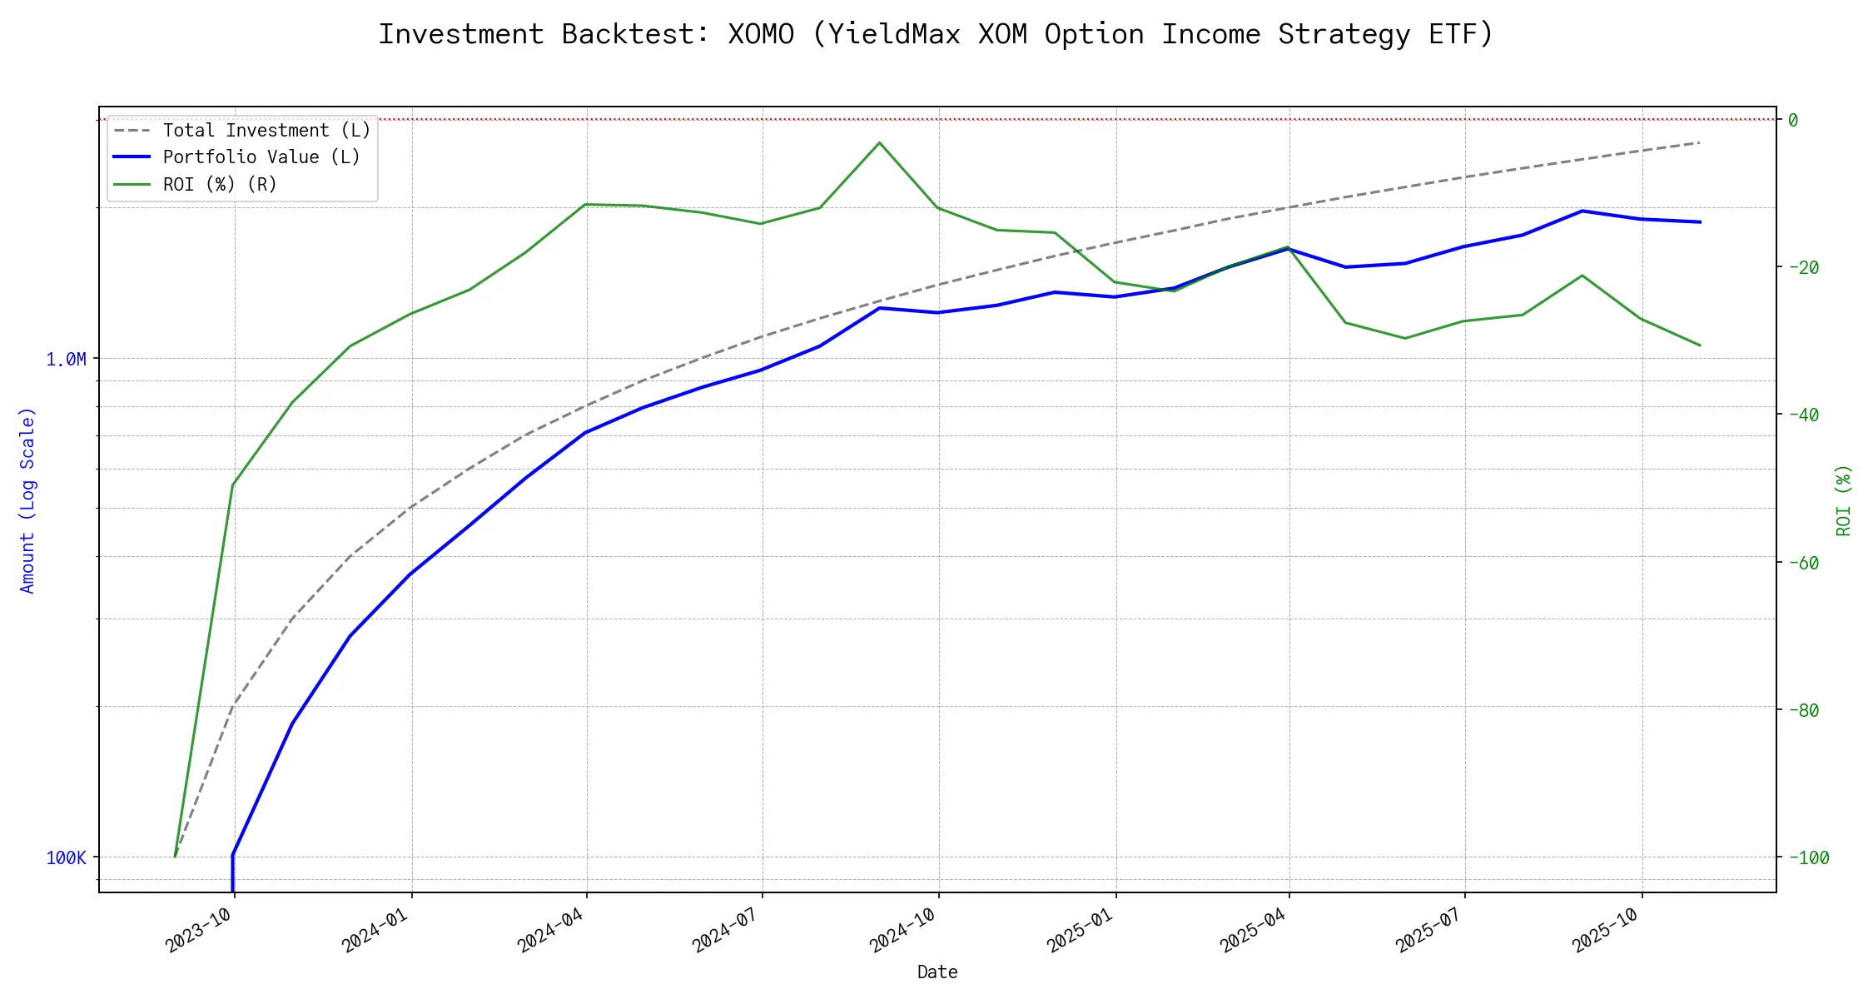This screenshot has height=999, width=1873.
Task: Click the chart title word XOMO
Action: [761, 35]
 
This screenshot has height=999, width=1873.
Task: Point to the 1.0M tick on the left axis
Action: [66, 360]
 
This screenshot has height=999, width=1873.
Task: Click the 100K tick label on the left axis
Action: [66, 858]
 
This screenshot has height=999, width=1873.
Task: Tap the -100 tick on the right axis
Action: [1807, 858]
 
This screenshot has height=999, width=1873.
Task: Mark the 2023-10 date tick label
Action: [200, 930]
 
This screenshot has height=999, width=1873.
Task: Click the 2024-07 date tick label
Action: [727, 930]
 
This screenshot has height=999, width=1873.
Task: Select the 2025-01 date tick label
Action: [1081, 930]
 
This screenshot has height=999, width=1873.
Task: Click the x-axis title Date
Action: [937, 972]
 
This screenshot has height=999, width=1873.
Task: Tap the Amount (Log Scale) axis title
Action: [27, 500]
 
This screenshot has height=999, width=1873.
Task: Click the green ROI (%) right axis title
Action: [1843, 500]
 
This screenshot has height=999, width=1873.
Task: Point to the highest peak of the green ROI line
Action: [879, 142]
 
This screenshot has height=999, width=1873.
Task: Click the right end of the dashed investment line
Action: [1699, 143]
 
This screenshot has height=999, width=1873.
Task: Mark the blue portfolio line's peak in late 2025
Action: [1582, 211]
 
